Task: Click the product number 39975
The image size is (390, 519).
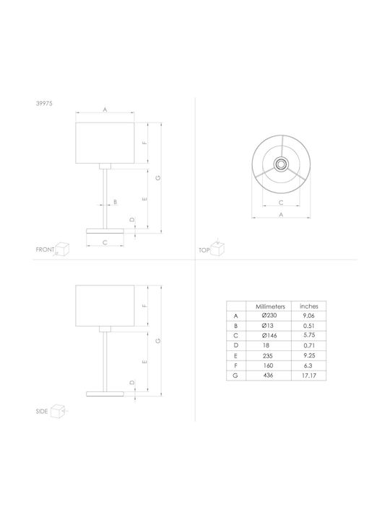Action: click(x=44, y=103)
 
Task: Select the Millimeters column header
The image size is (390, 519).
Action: click(x=270, y=306)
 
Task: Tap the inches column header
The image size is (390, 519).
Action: click(x=309, y=306)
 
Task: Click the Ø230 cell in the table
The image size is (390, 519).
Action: click(x=269, y=316)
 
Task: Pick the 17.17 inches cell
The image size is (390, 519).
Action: click(x=309, y=376)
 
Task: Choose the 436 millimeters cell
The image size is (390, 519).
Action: click(x=268, y=376)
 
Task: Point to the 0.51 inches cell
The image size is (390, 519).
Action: click(x=309, y=326)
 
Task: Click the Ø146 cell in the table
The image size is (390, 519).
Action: click(x=269, y=335)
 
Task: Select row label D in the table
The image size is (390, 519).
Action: click(x=235, y=345)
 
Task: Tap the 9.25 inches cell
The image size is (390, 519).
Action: click(x=309, y=355)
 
